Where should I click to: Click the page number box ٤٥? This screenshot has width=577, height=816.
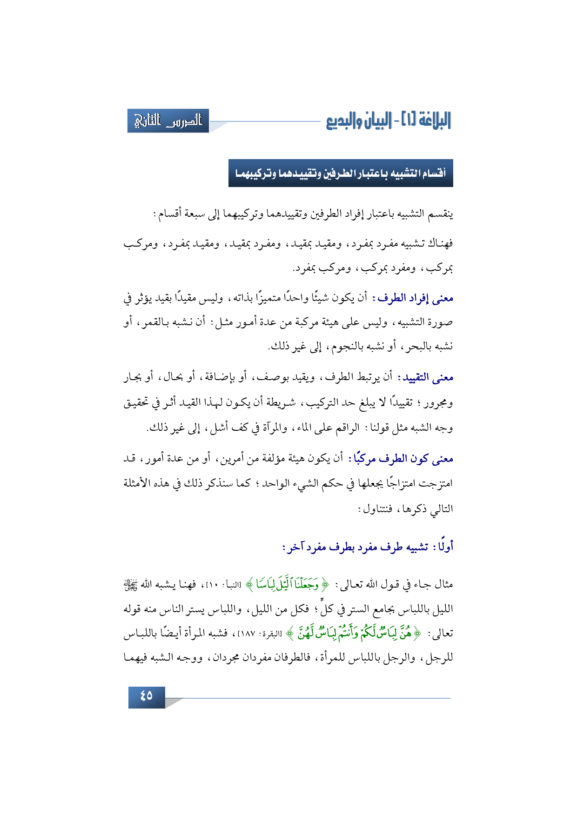147,696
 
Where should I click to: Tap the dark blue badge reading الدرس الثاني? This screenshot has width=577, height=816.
168,121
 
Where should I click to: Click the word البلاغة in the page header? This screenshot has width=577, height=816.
433,121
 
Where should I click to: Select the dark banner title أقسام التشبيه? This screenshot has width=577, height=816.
341,174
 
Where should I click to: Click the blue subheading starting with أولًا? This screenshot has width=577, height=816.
368,547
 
